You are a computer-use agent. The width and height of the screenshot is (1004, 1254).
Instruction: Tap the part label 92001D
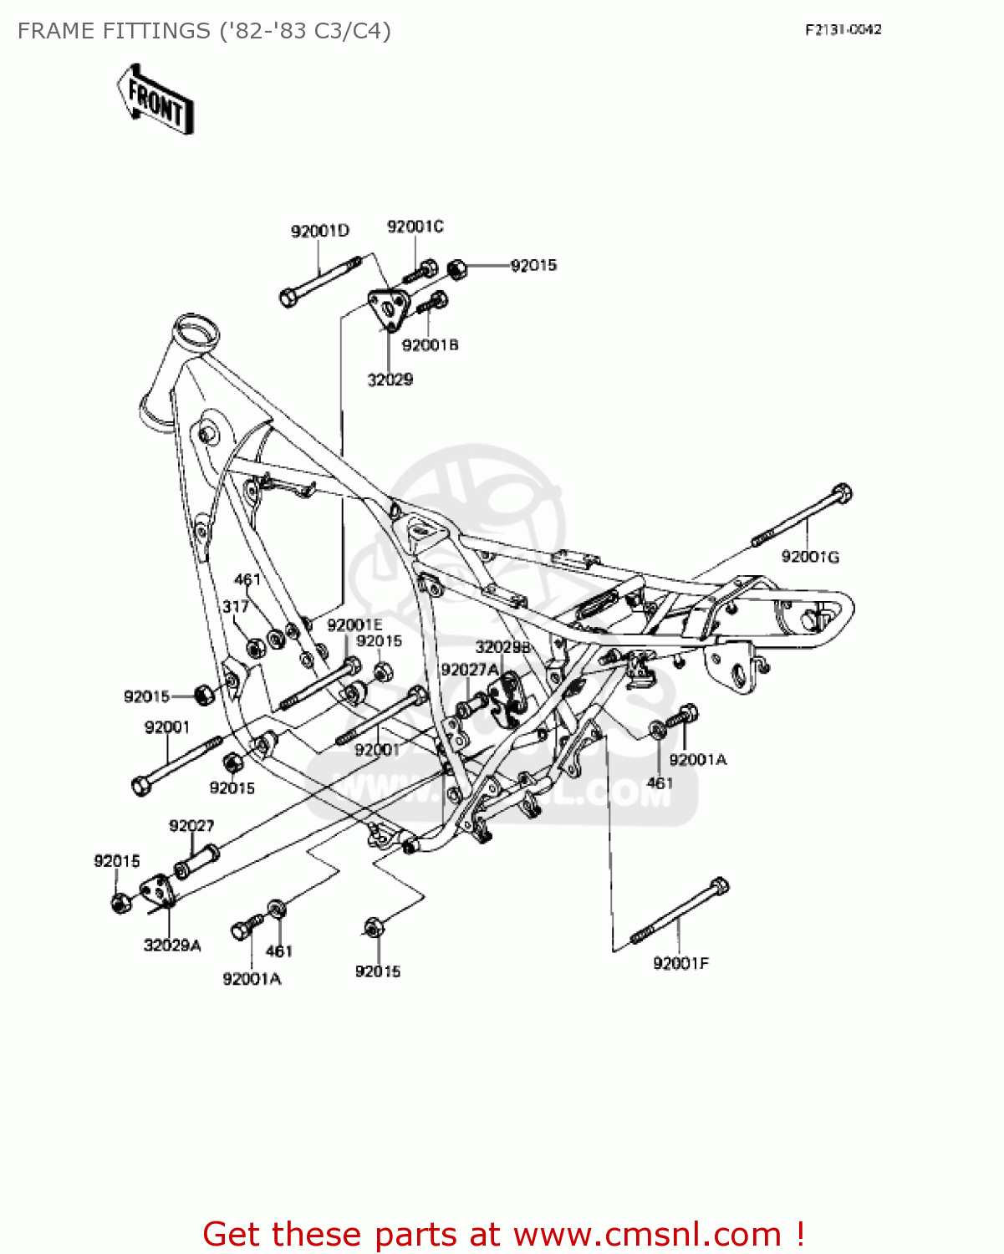319,232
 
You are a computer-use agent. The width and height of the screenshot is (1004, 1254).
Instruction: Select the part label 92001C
415,227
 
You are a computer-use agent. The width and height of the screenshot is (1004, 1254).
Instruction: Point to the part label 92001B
430,344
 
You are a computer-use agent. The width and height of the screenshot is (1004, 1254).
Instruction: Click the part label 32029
390,380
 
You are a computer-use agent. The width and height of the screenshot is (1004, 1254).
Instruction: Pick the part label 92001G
809,557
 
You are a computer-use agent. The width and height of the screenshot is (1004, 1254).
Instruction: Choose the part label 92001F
680,963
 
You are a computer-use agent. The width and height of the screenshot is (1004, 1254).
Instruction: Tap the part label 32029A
172,946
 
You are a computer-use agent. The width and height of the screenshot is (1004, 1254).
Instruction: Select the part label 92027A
470,670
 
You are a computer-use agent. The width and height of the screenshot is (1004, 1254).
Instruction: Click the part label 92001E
354,625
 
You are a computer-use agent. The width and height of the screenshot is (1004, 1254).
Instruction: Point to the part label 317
235,607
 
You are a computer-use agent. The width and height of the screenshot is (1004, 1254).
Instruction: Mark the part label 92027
191,826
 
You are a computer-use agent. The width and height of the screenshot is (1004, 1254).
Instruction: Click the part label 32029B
502,647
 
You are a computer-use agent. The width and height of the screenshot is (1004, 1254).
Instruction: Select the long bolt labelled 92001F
679,912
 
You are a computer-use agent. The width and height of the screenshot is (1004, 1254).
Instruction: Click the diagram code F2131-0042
843,30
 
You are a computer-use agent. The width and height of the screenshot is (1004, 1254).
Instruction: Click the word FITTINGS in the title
156,31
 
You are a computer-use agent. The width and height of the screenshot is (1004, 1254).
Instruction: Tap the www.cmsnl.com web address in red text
647,1234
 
